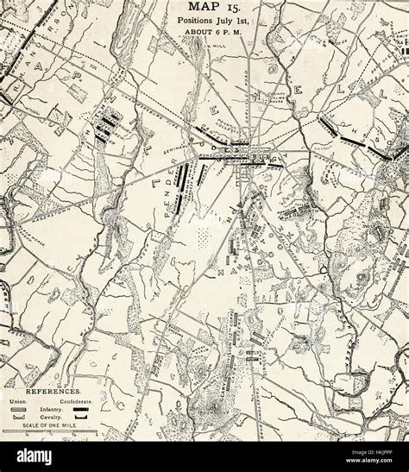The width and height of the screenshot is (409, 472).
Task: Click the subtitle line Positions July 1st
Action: [x=204, y=27]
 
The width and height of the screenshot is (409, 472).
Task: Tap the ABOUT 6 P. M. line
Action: [x=204, y=38]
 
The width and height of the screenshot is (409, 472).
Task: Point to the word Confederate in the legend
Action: [x=75, y=402]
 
